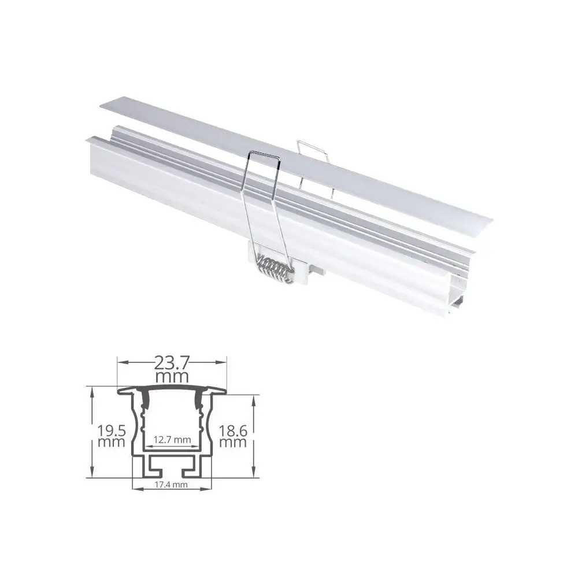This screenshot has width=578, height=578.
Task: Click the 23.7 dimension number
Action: [172, 364]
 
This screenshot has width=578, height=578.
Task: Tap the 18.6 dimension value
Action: [233, 430]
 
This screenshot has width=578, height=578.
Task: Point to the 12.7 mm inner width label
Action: [172, 439]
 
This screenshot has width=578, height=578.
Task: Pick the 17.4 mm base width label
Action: [172, 484]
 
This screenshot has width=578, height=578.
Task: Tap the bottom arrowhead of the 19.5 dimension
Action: [91, 473]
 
